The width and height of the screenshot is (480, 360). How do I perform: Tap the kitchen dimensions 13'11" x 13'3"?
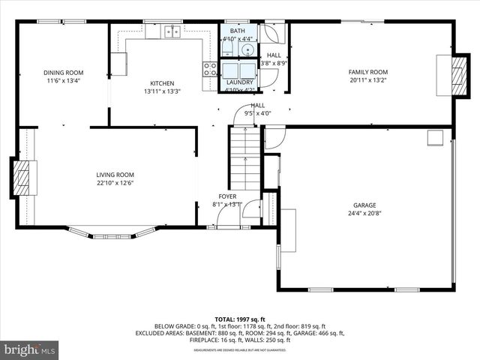[x=162, y=92]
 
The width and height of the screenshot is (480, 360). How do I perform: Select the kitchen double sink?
[x=172, y=31]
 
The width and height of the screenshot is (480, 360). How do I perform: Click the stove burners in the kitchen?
[x=209, y=70]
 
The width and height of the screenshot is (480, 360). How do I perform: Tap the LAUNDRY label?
[x=240, y=82]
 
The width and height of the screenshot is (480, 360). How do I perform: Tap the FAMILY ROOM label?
[x=367, y=73]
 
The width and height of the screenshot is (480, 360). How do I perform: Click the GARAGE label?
[x=364, y=205]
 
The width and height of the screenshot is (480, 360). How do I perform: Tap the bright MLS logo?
[x=30, y=349]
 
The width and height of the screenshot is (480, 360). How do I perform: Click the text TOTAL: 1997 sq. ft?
[x=240, y=319]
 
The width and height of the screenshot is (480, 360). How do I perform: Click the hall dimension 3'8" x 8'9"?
[x=274, y=64]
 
